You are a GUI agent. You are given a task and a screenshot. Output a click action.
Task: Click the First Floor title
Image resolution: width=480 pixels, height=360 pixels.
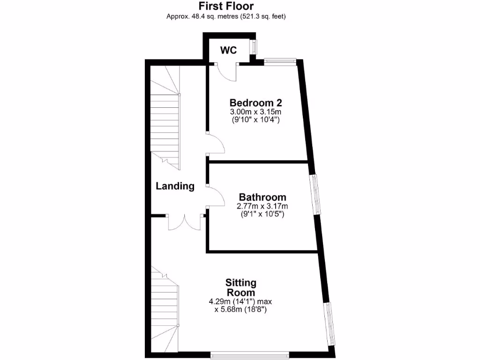(x=226, y=6)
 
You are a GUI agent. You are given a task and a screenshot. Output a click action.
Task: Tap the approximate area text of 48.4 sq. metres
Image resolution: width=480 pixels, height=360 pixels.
(x=226, y=16)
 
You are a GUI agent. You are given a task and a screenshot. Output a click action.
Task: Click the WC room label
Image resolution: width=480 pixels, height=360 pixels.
(x=229, y=50)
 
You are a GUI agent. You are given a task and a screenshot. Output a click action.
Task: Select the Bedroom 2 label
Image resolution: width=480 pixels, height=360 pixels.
(x=255, y=103)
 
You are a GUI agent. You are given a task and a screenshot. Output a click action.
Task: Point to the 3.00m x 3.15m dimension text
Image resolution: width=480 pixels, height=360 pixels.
(x=255, y=112)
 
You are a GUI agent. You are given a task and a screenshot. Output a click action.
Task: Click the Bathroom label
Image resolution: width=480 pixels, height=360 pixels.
(x=262, y=197)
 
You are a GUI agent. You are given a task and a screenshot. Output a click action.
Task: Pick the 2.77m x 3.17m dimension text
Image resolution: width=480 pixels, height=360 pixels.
(x=262, y=206)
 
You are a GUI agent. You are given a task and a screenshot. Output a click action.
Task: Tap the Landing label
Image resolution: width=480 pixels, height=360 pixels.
(x=175, y=186)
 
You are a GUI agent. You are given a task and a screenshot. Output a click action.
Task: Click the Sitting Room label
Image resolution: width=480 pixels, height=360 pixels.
(x=241, y=287)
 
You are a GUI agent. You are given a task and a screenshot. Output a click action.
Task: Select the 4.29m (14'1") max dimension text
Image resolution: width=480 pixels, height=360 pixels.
(x=241, y=301)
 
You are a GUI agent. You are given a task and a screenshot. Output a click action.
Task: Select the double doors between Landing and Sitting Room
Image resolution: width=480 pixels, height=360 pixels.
(x=185, y=223)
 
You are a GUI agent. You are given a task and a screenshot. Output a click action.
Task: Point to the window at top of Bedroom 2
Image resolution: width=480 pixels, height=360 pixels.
(x=280, y=60)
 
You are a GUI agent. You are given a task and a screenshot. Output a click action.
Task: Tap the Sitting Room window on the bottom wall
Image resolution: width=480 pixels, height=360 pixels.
(x=249, y=352)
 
